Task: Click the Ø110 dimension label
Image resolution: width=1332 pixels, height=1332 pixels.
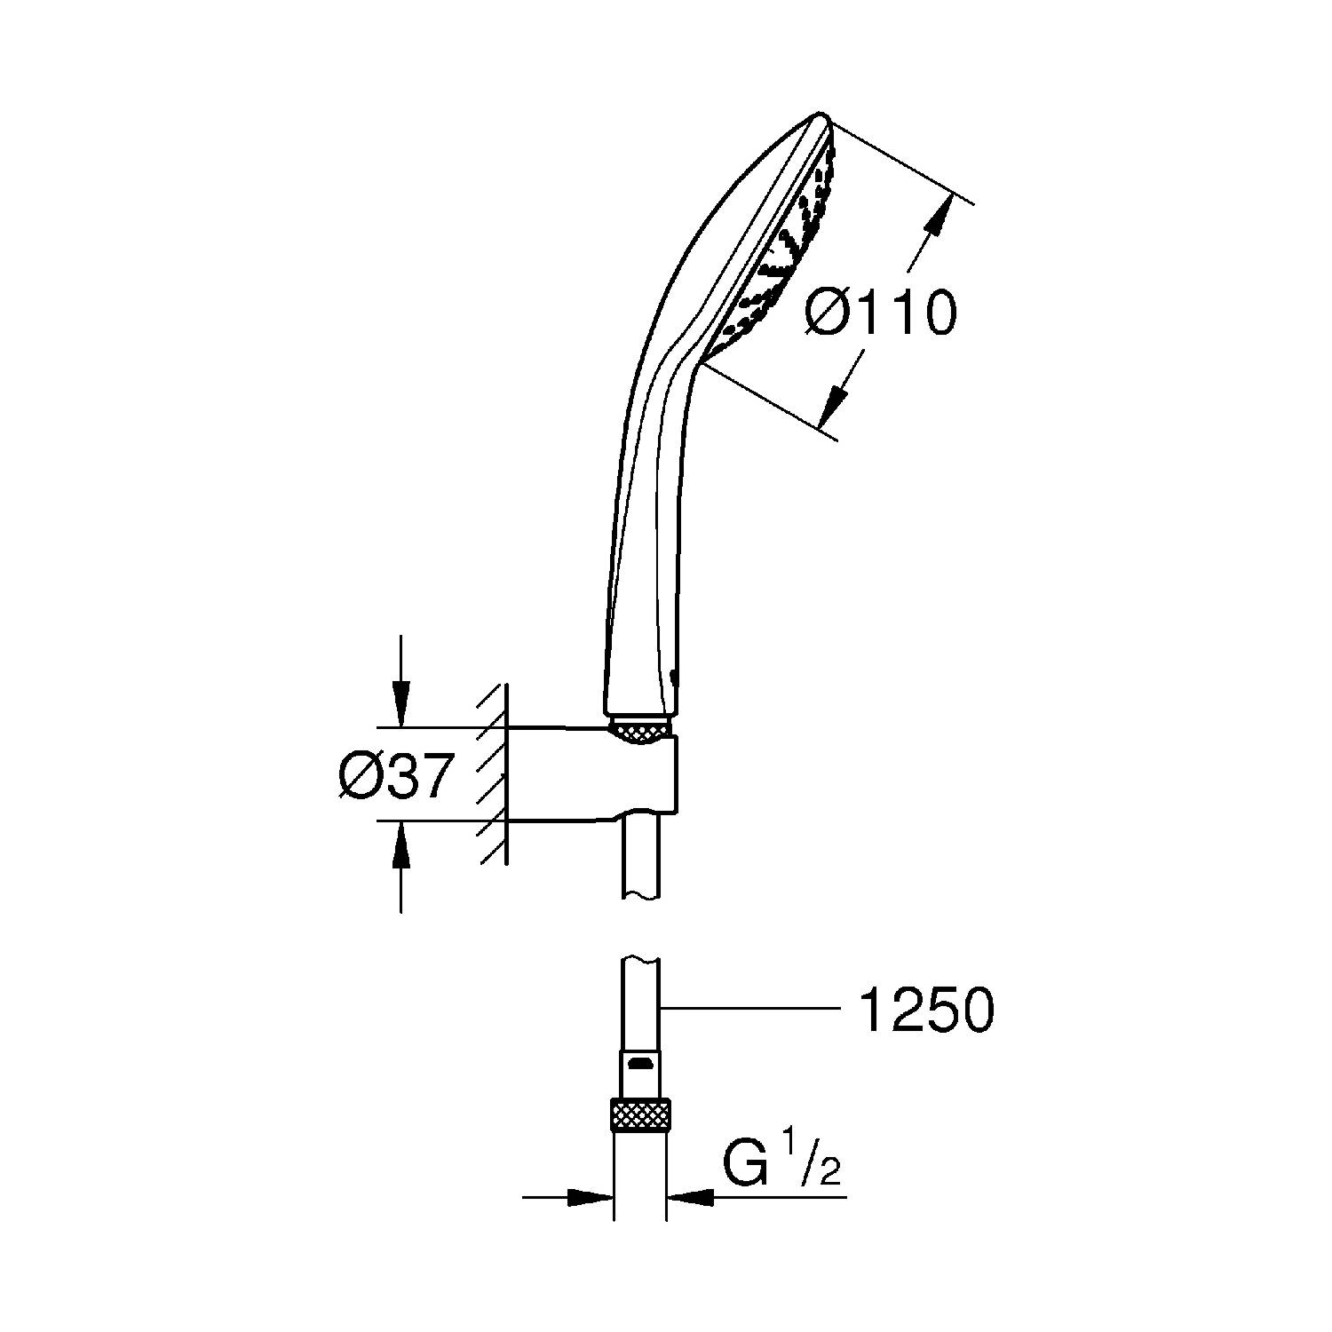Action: click(882, 313)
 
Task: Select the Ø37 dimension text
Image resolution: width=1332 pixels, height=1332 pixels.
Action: click(396, 775)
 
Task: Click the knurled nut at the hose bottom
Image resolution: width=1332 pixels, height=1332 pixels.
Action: click(640, 1114)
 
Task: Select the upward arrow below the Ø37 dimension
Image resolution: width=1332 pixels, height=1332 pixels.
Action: click(400, 867)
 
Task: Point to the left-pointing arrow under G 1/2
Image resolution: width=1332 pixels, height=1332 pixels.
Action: click(756, 1197)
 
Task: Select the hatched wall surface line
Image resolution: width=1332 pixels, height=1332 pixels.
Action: click(507, 773)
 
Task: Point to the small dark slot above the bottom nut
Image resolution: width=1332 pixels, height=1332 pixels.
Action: click(640, 1062)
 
